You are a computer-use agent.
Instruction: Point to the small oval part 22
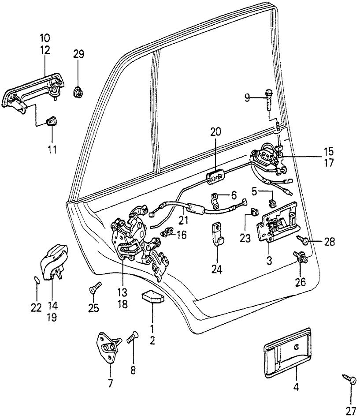[37, 280]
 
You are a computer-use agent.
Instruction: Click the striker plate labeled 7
[108, 348]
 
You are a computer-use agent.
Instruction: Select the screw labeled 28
[303, 240]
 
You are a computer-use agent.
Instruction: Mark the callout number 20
[215, 132]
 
